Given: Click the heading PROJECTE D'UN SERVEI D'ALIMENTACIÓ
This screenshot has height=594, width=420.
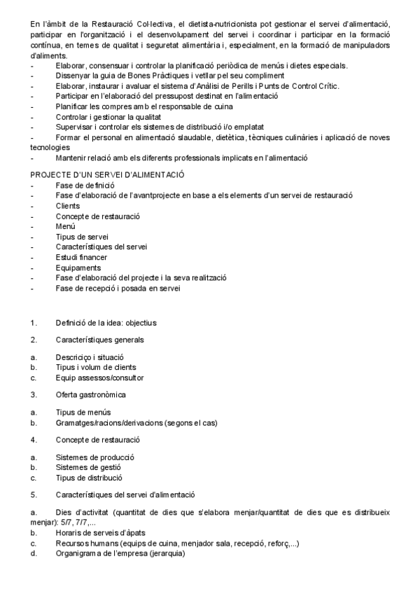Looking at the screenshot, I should pos(107,174).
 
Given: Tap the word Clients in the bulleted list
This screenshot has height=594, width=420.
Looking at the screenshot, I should pos(68,207).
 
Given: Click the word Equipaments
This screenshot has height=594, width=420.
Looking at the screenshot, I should pos(78,268).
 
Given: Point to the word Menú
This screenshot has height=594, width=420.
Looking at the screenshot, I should pos(66,227).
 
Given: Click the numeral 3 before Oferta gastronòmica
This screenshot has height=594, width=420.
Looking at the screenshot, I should pos(33,395).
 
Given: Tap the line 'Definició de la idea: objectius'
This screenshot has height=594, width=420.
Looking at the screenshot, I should pos(106,323).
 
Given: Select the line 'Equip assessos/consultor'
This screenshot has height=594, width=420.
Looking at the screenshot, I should pos(99,378).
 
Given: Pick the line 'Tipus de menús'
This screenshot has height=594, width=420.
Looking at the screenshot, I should pos(83,412).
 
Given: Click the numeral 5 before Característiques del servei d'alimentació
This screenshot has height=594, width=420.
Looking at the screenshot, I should pos(33,495).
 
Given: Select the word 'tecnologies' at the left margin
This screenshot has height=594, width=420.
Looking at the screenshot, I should pos(51,148).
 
